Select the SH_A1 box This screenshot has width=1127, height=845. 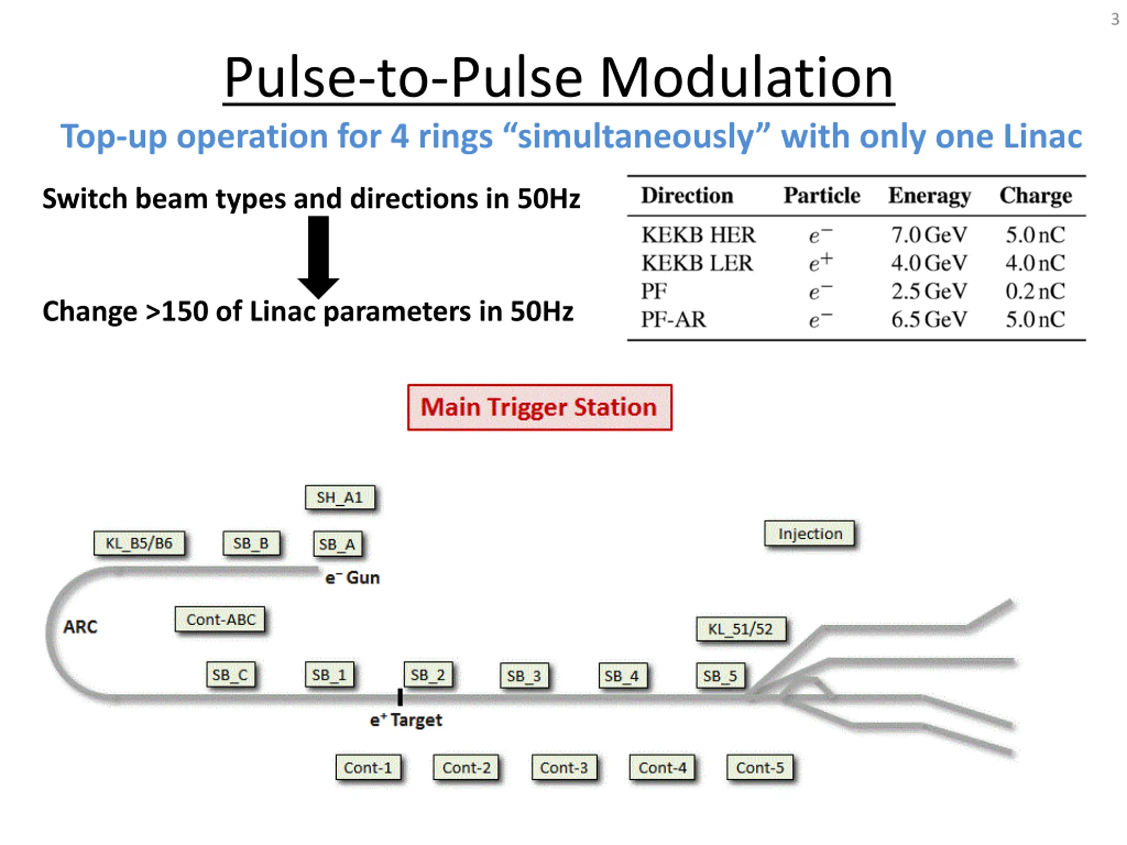(340, 498)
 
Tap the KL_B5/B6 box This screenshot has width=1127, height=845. (139, 544)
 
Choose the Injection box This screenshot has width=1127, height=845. (810, 534)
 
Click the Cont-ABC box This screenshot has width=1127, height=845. (220, 620)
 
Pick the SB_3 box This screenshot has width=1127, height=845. (524, 676)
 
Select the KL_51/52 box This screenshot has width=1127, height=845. (741, 629)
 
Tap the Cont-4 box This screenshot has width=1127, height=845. (663, 768)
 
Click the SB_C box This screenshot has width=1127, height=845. (230, 675)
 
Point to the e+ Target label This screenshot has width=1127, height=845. (406, 720)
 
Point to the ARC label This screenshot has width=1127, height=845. (80, 627)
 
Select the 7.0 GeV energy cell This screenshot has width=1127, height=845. (929, 235)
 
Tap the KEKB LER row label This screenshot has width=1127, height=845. (696, 263)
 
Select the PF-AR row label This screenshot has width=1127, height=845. (674, 320)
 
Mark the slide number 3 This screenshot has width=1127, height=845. (1115, 19)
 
